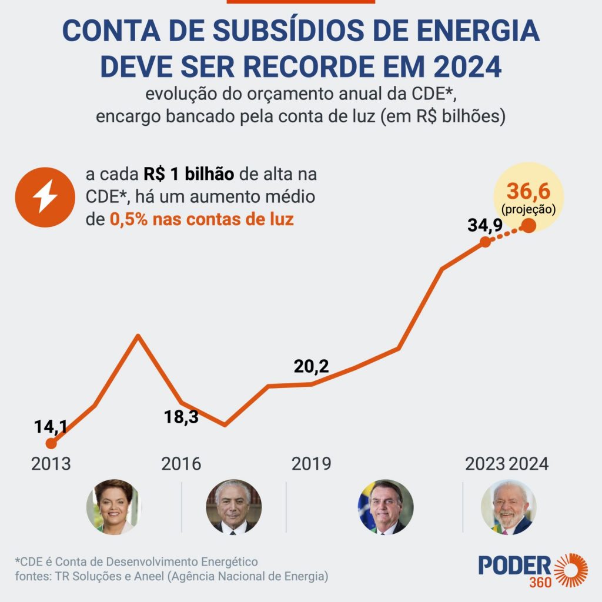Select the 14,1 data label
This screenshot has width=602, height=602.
pos(51,426)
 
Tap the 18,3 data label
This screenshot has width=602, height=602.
pos(180,417)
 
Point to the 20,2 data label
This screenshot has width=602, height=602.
pos(311,367)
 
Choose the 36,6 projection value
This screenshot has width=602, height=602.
pos(529,191)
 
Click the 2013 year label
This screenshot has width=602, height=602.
pos(51,464)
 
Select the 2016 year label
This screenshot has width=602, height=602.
pos(181,464)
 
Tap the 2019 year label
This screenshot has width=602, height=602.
pos(311,464)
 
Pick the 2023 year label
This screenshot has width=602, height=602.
pos(485,464)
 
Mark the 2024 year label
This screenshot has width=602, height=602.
pos(529,464)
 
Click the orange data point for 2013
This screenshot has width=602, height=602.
pos(51,443)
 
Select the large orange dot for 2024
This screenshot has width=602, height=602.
pos(529,225)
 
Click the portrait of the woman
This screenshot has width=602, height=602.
pos(113,506)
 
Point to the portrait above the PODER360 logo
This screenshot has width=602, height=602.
pos(509,507)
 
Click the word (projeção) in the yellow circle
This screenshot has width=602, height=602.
pos(529,208)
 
